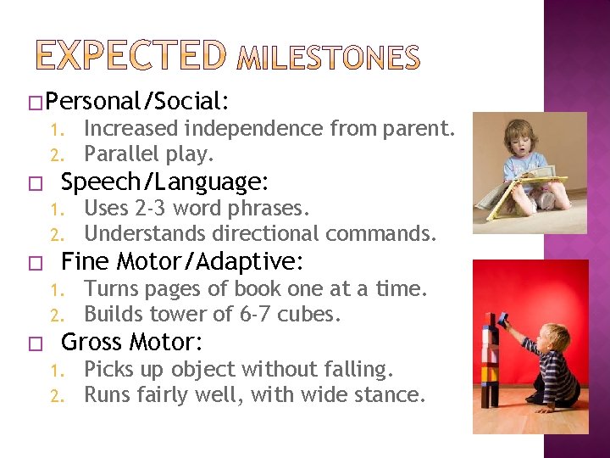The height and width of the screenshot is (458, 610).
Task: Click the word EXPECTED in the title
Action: point(130,55)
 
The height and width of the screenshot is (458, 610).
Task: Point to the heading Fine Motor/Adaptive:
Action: point(184,260)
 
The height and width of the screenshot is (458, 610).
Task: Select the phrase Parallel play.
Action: point(149,154)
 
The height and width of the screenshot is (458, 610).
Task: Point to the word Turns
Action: point(109,288)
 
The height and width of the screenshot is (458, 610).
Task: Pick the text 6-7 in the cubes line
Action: point(258,314)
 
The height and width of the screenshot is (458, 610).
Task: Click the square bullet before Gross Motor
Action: point(33,343)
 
